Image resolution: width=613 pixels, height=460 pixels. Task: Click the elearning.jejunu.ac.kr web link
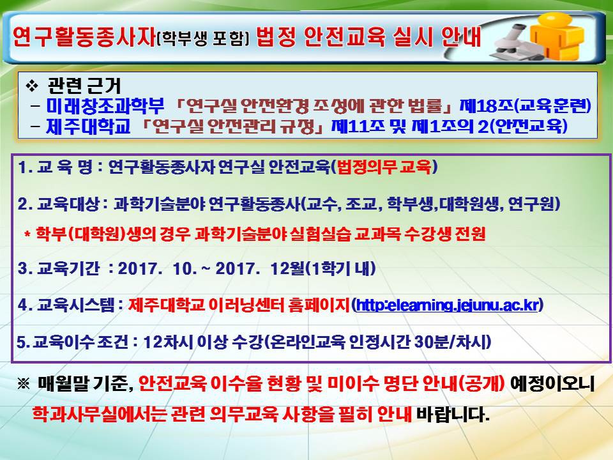click(447, 305)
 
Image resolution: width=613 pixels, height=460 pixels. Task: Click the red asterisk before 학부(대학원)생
click(27, 235)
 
